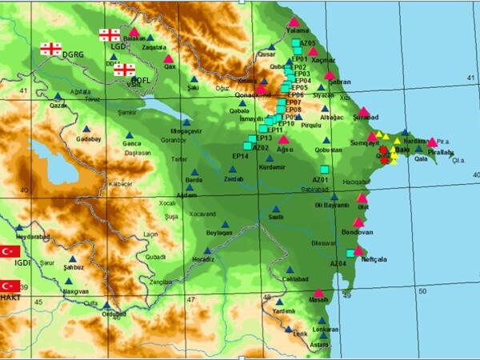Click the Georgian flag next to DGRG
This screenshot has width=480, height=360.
coord(50,49)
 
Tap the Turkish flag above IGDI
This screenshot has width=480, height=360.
coord(10,250)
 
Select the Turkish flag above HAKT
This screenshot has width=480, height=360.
coord(10,286)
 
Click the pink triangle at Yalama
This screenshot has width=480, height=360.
coord(294,22)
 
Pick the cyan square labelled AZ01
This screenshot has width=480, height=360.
coord(324,170)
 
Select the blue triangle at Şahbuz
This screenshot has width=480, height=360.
coord(73,260)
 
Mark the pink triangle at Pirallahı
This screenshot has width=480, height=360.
coord(433,142)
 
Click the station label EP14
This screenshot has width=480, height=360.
coord(240,155)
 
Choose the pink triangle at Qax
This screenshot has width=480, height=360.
coord(168,58)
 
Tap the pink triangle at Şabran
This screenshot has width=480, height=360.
coord(330,74)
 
